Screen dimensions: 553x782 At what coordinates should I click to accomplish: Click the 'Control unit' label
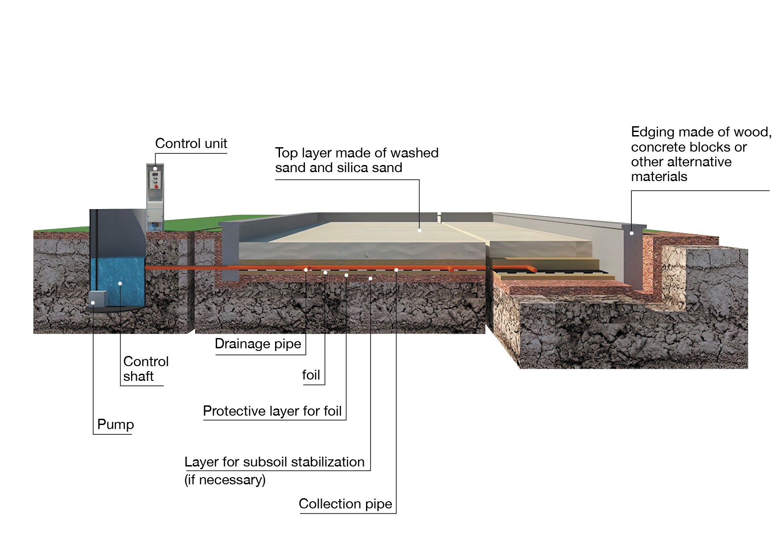tap(191, 144)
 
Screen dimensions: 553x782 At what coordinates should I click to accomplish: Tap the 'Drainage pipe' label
tap(258, 344)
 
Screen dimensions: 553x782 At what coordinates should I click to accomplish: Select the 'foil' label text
tap(311, 375)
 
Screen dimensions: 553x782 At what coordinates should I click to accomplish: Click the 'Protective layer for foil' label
tap(272, 411)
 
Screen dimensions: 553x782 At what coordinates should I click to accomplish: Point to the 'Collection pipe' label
tap(345, 504)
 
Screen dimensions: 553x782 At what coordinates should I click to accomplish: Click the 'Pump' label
tap(115, 424)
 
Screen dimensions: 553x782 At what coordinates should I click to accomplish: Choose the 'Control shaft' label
tap(145, 369)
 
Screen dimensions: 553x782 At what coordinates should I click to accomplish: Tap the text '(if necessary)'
tap(225, 480)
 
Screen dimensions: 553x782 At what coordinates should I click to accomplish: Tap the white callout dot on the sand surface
tap(420, 231)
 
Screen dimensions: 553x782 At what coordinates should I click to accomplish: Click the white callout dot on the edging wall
tap(632, 233)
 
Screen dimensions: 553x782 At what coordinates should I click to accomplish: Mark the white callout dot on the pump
tap(93, 303)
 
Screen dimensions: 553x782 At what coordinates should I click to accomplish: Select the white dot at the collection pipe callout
tap(396, 270)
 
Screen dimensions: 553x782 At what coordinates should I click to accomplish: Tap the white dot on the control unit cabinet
tap(155, 169)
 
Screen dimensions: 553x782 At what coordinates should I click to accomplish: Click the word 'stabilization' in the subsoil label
tap(327, 462)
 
